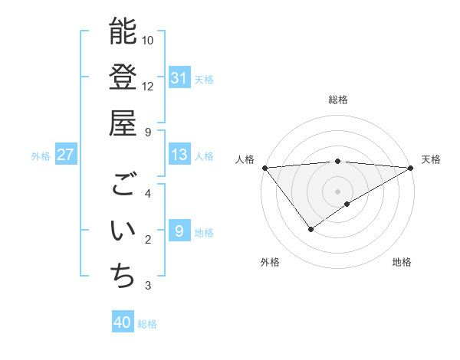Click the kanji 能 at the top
[123, 31]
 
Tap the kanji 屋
[123, 123]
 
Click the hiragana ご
[123, 185]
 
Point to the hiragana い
[123, 231]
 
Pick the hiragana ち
[123, 277]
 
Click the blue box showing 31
[179, 78]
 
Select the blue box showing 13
[179, 155]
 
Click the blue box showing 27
[66, 155]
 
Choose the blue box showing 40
[123, 323]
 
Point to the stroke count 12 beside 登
[148, 86]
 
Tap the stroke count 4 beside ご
[147, 193]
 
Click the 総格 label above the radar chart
[338, 100]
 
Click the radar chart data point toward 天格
[412, 168]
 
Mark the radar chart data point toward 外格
[310, 229]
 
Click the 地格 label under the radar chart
[402, 262]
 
